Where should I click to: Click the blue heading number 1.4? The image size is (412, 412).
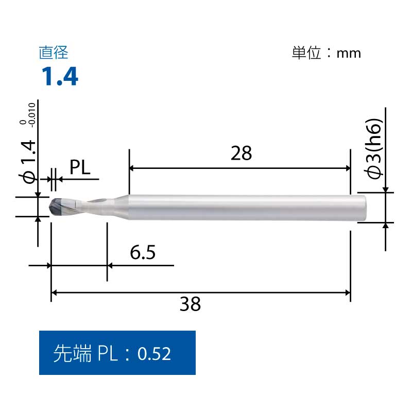[x=60, y=76]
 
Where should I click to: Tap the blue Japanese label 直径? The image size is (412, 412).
[x=54, y=53]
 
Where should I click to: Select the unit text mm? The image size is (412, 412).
[x=349, y=54]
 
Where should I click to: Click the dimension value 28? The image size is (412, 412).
[x=241, y=153]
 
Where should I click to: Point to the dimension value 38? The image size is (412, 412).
[x=190, y=304]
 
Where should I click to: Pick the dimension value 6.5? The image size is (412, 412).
[x=143, y=252]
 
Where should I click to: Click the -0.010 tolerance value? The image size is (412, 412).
[x=32, y=115]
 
